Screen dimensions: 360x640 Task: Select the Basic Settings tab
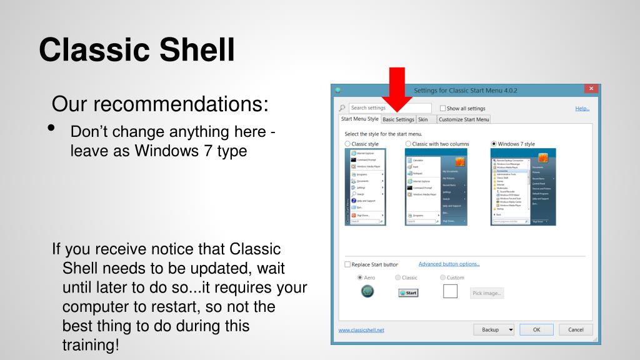tap(398, 119)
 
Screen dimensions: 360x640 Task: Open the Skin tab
tap(423, 119)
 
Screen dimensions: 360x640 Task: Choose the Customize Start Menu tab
tap(464, 119)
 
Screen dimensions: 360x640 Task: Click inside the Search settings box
tap(389, 108)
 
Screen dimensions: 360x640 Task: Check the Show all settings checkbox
tap(443, 109)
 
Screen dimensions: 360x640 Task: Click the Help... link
tap(582, 109)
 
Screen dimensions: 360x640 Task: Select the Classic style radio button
tap(347, 144)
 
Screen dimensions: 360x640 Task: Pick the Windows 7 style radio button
tap(494, 144)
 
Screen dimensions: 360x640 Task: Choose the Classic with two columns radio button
tap(408, 144)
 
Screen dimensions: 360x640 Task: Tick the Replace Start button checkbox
tap(347, 265)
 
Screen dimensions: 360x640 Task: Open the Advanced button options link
tap(449, 264)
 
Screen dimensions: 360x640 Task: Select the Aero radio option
tap(359, 277)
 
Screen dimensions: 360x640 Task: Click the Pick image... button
tap(487, 293)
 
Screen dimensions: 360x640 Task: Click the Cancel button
tap(576, 329)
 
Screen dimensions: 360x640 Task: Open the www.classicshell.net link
tap(361, 330)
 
